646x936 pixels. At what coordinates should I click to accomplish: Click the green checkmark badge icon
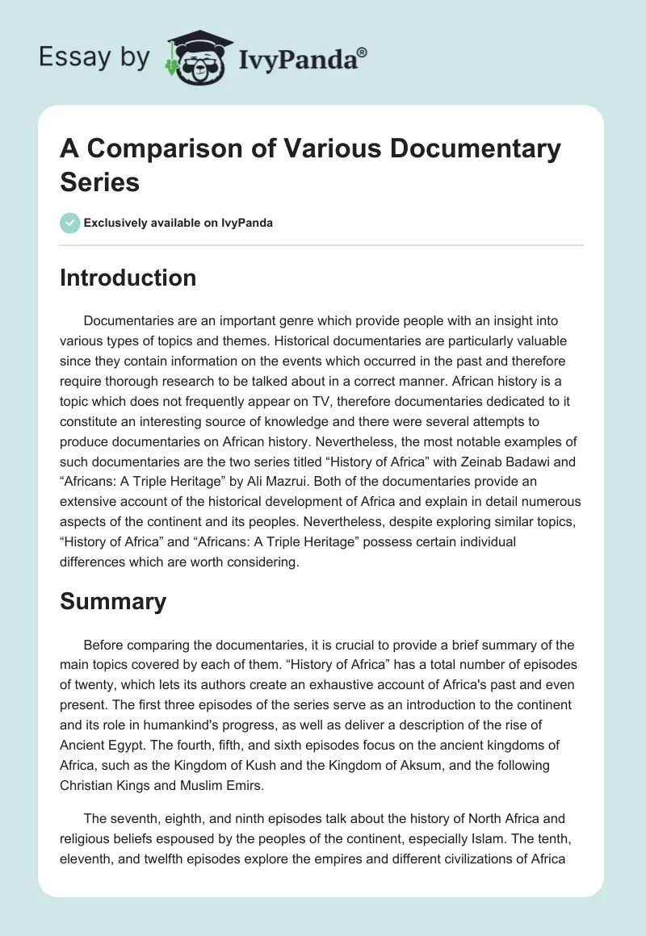click(70, 223)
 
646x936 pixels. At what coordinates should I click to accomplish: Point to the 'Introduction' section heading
click(128, 278)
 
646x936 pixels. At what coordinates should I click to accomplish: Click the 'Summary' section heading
click(113, 601)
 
